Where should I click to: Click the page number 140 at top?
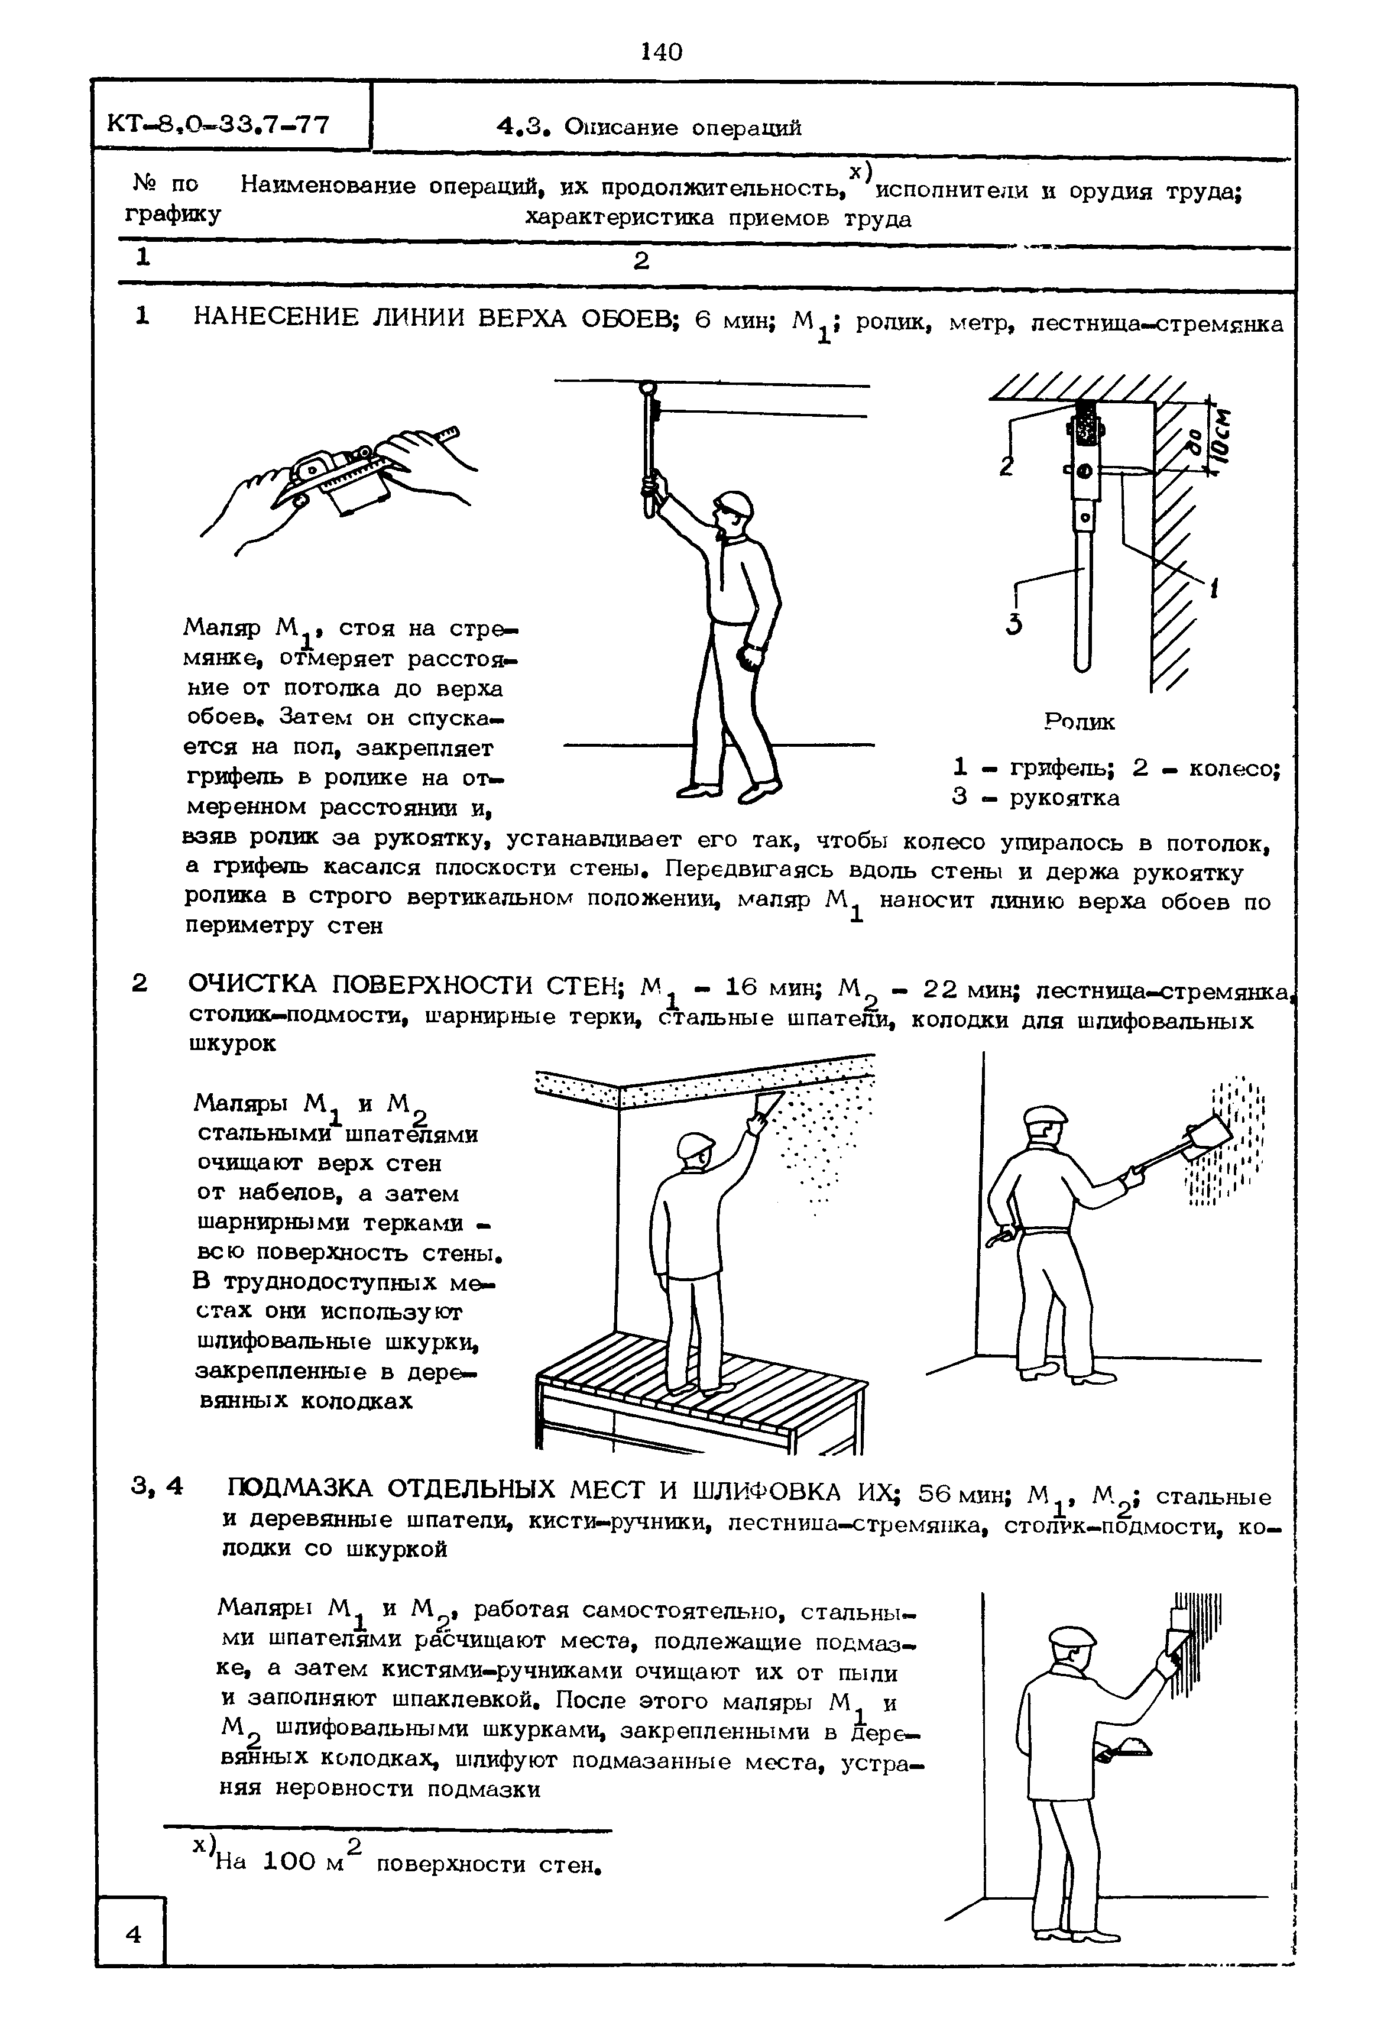(661, 53)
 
